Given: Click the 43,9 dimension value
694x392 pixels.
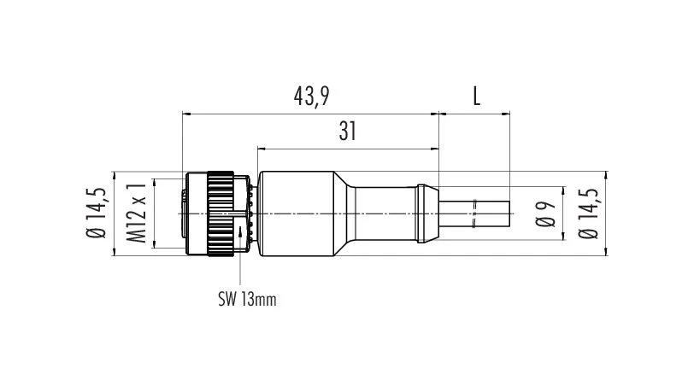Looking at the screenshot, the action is (x=312, y=96).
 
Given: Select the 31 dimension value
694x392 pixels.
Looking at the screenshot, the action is (x=348, y=132).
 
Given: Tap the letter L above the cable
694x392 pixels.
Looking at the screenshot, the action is (x=476, y=96).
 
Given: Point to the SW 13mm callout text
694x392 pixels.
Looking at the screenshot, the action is (x=247, y=300).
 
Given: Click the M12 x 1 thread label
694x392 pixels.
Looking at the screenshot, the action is (x=138, y=214).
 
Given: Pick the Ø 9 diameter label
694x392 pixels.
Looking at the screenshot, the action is (x=546, y=214).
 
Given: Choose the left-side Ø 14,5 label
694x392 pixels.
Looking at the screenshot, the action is (x=97, y=213).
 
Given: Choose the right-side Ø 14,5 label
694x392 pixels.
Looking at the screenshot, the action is (x=588, y=214).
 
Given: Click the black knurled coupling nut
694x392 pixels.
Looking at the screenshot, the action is (x=221, y=214).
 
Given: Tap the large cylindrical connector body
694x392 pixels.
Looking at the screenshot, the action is (x=296, y=214).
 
